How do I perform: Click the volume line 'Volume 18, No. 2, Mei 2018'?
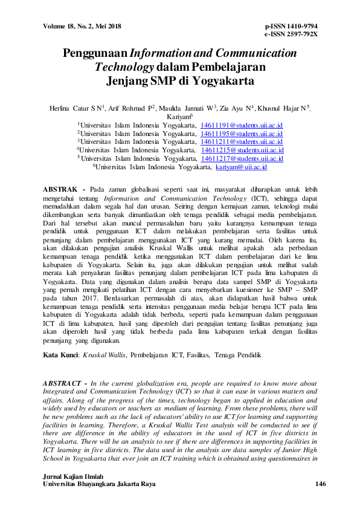[x=82, y=26]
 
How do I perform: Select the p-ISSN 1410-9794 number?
[x=291, y=26]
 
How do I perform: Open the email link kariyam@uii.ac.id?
[x=241, y=166]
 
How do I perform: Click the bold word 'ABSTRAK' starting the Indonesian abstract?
[x=63, y=189]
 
